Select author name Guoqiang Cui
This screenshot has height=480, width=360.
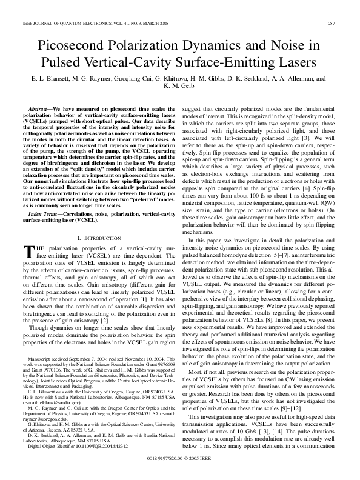[117, 79]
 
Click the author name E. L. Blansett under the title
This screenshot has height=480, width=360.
[51, 79]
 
